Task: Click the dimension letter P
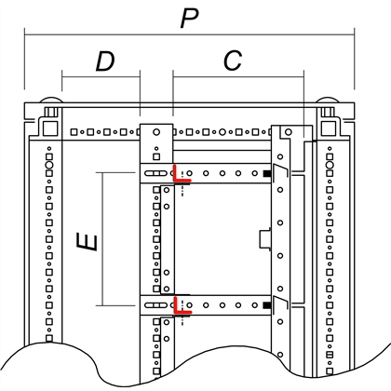[x=190, y=19]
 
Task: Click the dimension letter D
[x=105, y=61]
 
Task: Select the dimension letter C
[x=233, y=61]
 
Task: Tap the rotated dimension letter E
[x=88, y=242]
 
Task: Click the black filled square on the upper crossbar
[x=266, y=173]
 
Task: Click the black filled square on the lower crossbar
[x=266, y=305]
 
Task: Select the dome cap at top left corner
[x=51, y=100]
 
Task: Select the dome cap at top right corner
[x=328, y=100]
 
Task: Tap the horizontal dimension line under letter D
[x=101, y=77]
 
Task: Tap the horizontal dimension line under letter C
[x=238, y=77]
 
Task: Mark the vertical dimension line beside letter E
[x=102, y=239]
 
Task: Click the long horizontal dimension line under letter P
[x=189, y=34]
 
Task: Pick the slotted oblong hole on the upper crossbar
[x=156, y=173]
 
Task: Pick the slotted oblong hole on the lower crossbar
[x=156, y=305]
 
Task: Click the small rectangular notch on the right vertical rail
[x=265, y=239]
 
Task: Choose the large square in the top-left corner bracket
[x=50, y=128]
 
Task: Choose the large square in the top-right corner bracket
[x=329, y=128]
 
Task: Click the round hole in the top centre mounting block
[x=156, y=132]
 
